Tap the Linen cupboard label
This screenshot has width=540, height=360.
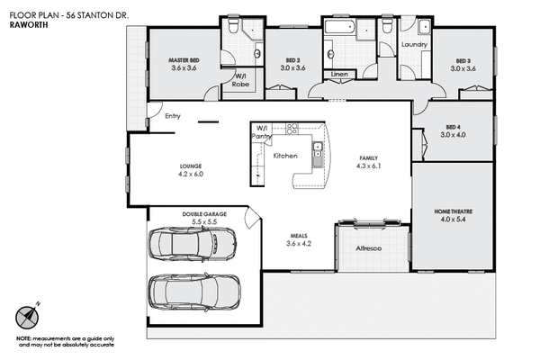coord(339,73)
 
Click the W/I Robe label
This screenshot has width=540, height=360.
coord(241,80)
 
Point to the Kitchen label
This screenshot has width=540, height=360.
coord(285,156)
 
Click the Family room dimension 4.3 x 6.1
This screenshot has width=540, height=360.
coord(370,166)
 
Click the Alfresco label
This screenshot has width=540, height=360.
coord(370,247)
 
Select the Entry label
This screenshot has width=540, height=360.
coord(174,116)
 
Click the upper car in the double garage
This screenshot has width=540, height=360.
coord(192,242)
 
